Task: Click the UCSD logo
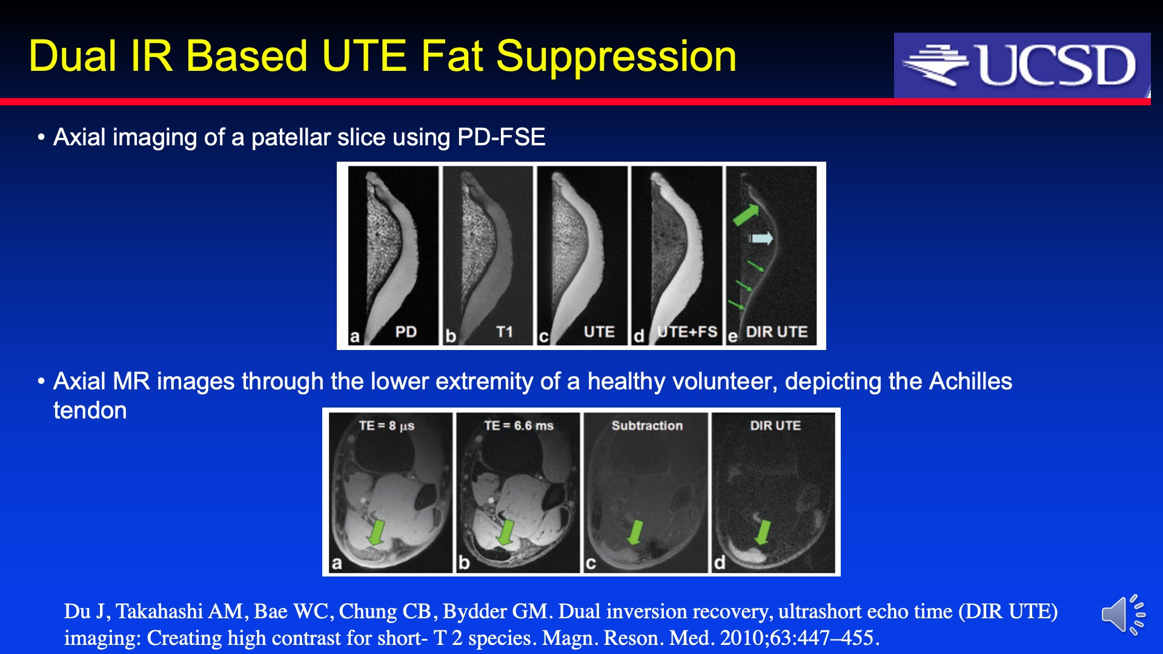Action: click(x=1022, y=65)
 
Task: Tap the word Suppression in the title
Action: click(x=616, y=57)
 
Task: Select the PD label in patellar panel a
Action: click(x=406, y=332)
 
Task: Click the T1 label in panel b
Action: click(x=505, y=332)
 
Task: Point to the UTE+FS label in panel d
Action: click(x=688, y=332)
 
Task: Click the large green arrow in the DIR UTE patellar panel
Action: click(x=746, y=214)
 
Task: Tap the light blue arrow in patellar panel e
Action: click(x=761, y=238)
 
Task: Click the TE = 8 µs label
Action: click(x=386, y=426)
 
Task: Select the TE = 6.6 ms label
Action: click(x=519, y=426)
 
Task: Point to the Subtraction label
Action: click(x=647, y=426)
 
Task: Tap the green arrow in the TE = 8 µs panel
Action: click(x=377, y=530)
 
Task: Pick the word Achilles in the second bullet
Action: click(x=970, y=381)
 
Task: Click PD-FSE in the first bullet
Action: click(x=502, y=137)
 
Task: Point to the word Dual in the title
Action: click(x=72, y=57)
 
